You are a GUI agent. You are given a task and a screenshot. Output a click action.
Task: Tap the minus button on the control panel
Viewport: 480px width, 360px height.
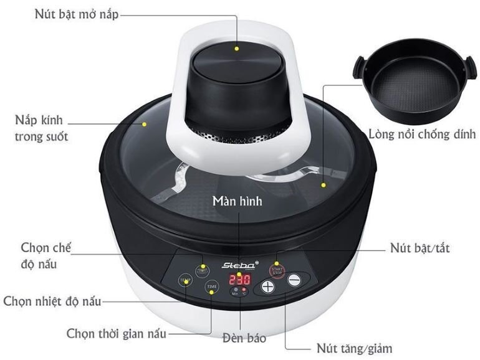(x=294, y=280)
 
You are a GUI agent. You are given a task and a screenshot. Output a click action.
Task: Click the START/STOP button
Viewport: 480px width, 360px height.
(x=277, y=271)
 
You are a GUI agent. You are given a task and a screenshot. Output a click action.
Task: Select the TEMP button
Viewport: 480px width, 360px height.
(x=186, y=280)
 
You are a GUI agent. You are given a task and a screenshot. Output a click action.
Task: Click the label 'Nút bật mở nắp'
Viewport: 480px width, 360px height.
(x=77, y=14)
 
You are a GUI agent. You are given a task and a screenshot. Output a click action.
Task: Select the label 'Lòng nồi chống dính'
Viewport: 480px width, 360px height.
(x=422, y=135)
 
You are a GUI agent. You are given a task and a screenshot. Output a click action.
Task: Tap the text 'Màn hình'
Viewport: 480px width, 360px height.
(x=238, y=201)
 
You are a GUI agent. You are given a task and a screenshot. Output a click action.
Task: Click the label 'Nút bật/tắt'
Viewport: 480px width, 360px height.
(x=420, y=247)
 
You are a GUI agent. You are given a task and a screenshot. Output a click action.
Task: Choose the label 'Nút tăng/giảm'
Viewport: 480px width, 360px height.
(x=355, y=348)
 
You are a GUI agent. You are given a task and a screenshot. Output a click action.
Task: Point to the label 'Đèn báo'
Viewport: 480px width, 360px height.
(x=244, y=338)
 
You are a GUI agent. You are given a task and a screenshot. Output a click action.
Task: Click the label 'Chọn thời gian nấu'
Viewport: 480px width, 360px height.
(x=117, y=333)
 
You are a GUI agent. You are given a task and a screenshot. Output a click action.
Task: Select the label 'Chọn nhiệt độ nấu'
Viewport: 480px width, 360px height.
(x=52, y=301)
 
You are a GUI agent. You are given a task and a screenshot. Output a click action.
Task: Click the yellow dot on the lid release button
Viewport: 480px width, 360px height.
(x=237, y=49)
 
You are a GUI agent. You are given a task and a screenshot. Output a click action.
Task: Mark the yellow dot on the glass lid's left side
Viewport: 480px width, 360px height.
(x=145, y=124)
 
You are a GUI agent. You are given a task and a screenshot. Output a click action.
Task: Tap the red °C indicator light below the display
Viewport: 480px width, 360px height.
(x=244, y=289)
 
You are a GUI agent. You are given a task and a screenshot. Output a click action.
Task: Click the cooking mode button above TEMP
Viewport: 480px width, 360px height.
(x=203, y=270)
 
